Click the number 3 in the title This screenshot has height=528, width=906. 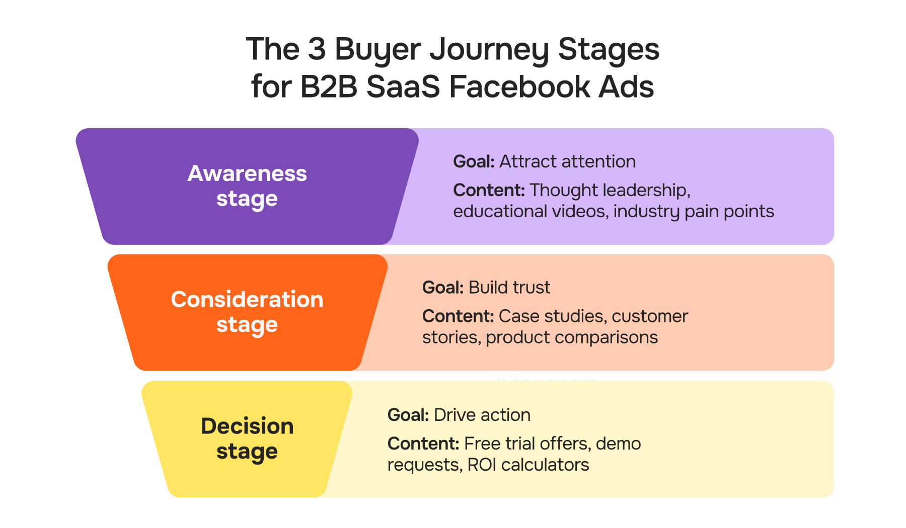click(x=317, y=50)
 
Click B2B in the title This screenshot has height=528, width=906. click(x=329, y=86)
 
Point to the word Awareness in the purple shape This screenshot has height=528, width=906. click(x=247, y=174)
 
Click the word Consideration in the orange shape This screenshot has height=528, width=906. click(x=247, y=300)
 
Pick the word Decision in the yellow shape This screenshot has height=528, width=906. click(x=247, y=426)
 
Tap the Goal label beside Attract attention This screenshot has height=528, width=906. click(x=474, y=162)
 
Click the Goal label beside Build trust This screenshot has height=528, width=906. click(x=443, y=288)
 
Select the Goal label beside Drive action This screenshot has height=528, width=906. click(x=408, y=415)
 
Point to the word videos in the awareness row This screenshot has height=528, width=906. click(x=578, y=212)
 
